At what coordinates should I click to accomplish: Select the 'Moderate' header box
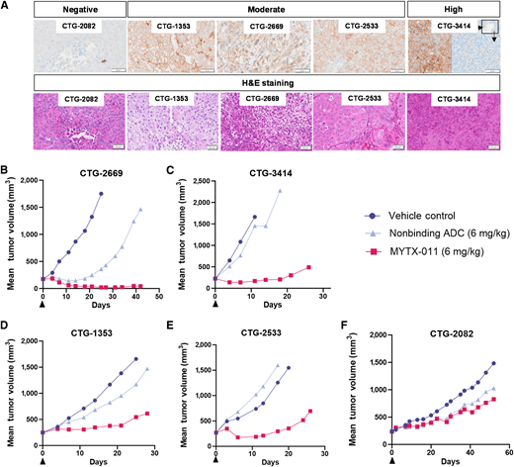[268, 8]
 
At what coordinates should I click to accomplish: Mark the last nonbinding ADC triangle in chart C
[281, 190]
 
